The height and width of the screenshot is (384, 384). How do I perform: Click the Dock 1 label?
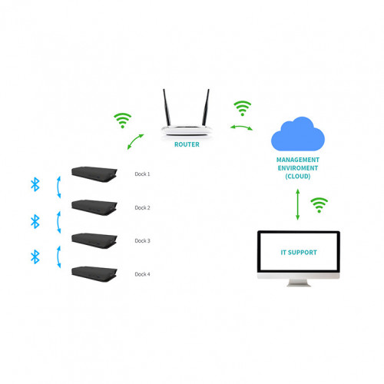point(143,174)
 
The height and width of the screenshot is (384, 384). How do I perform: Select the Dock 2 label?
point(143,207)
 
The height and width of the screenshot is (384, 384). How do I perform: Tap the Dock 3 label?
point(143,240)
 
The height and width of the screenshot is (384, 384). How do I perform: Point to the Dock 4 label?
point(143,274)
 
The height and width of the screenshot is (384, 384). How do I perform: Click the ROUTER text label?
point(187,144)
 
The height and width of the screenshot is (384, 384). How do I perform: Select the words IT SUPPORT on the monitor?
point(298,252)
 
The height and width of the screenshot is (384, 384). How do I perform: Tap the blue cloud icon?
point(298,135)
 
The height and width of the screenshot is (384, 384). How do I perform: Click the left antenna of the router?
point(167,108)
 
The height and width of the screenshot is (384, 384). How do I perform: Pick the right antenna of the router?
point(206,108)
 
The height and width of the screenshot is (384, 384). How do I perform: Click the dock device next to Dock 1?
point(94,173)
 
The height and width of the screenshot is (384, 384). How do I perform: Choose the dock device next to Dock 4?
point(94,273)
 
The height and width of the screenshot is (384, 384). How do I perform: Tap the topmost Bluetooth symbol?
point(35,184)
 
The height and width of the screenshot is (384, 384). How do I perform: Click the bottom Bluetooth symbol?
point(35,256)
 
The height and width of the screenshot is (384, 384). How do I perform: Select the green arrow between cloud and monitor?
point(298,204)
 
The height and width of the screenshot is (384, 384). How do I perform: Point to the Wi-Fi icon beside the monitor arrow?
point(319,205)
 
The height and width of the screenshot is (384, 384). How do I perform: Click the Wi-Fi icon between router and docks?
point(122,120)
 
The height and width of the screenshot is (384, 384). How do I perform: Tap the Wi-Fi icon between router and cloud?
point(243,108)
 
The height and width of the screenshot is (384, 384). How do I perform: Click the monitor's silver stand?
point(298,283)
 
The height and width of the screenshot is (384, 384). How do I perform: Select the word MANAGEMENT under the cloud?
point(298,160)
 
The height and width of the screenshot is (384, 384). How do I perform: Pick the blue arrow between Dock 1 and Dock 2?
point(58,187)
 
